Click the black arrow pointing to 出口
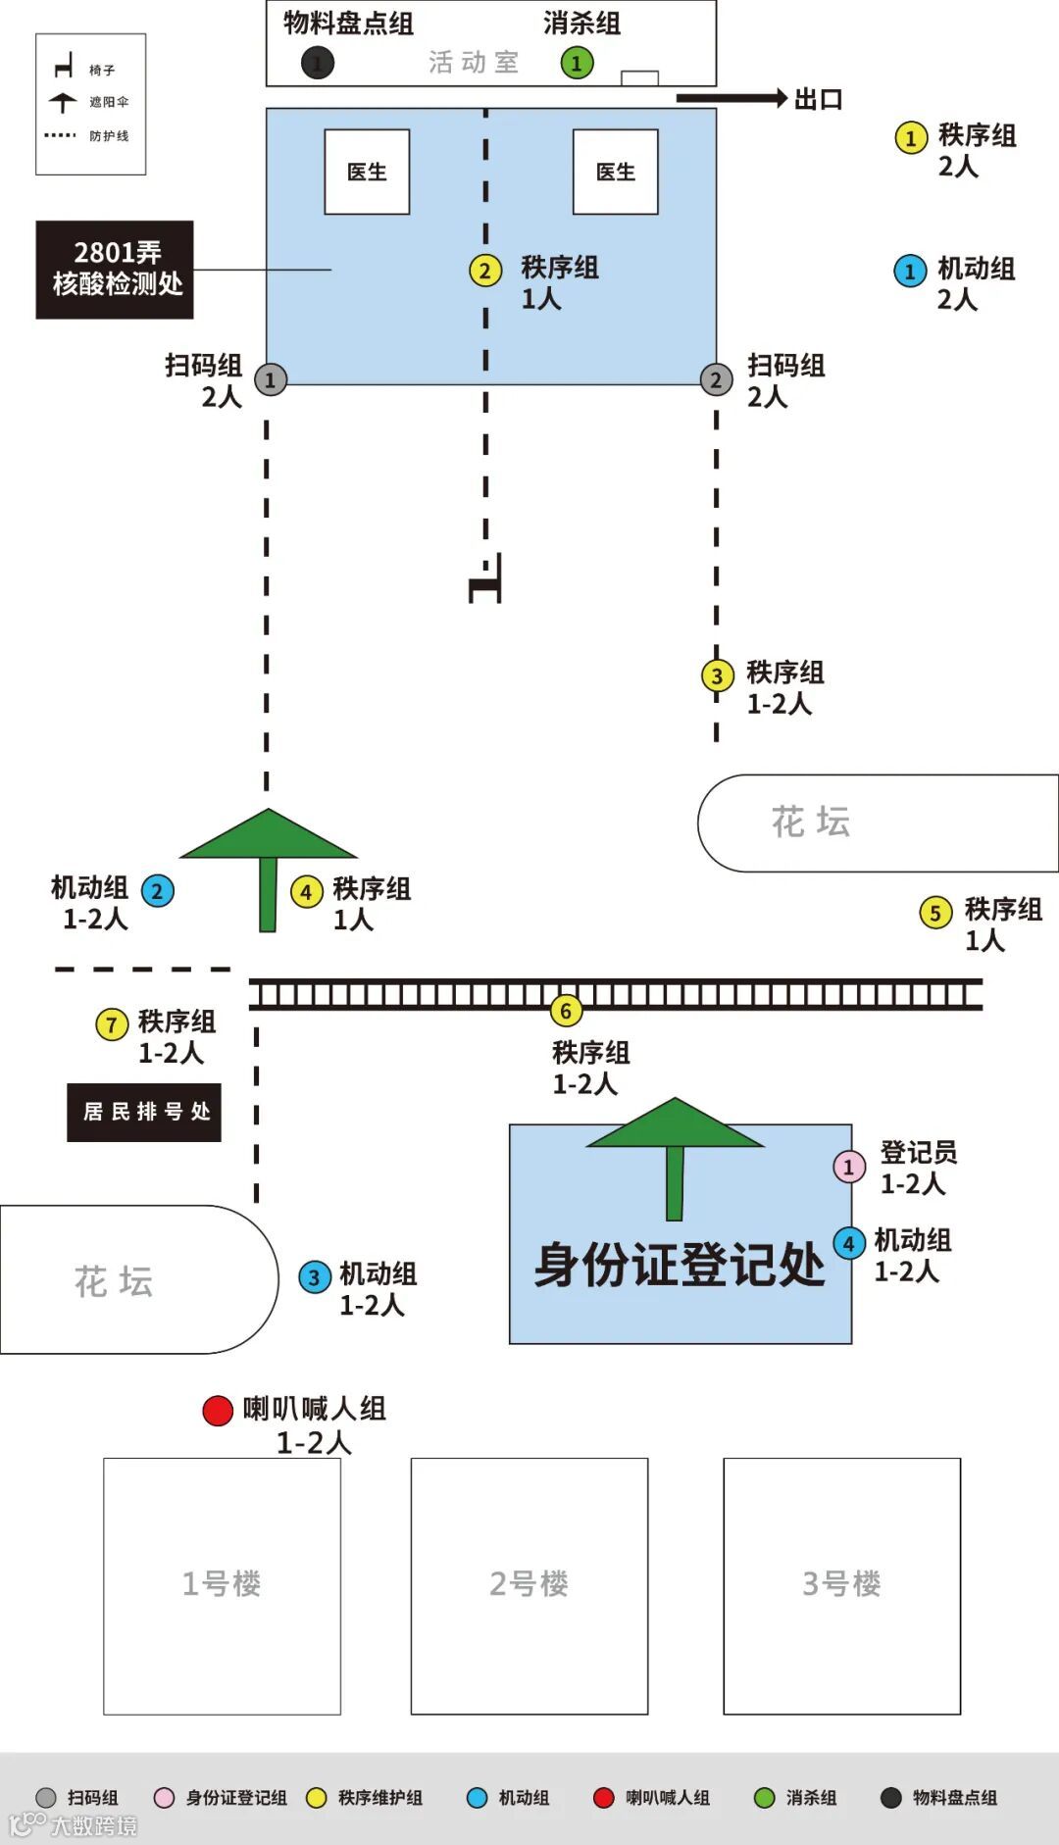coord(731,98)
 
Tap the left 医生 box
coord(367,172)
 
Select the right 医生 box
coord(615,172)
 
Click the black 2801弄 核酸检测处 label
coord(115,270)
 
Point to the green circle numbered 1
coord(577,64)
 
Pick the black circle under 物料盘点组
coord(317,64)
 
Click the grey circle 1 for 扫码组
coord(271,379)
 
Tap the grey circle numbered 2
coord(716,379)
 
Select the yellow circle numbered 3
coord(717,675)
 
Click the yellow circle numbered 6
coord(565,1011)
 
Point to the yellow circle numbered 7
coord(112,1025)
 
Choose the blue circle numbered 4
coord(849,1244)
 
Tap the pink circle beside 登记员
coord(849,1167)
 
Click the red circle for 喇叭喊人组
coord(218,1411)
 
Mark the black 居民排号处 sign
coord(144,1112)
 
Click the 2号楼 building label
coord(529,1583)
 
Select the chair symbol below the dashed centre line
coord(486,580)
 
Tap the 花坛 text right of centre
coord(811,822)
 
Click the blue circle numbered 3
coord(314,1277)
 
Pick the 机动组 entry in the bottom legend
coord(510,1798)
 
